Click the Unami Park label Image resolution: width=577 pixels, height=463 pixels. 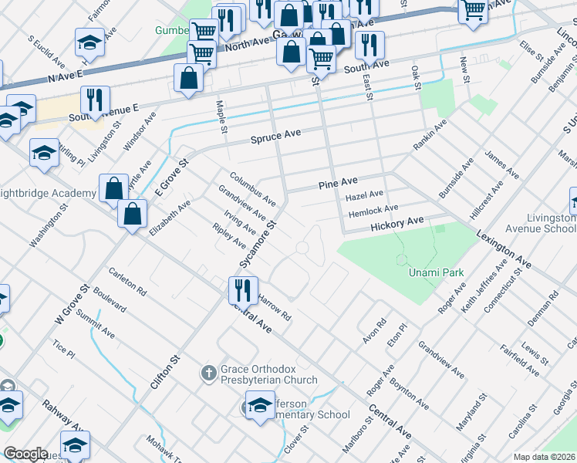(x=430, y=273)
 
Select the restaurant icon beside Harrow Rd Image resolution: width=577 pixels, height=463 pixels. (x=242, y=291)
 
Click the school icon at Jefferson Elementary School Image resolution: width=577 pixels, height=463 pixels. (x=260, y=406)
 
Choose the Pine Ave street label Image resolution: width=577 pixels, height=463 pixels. (x=339, y=182)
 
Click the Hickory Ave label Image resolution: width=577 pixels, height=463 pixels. (x=397, y=222)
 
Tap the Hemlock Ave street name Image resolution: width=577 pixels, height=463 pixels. (x=373, y=209)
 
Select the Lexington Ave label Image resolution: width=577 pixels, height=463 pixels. (x=503, y=249)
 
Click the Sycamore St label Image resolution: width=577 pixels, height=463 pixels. (x=258, y=245)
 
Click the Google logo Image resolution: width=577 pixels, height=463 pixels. (x=25, y=454)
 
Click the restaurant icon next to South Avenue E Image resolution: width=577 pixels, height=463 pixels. (x=95, y=100)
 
